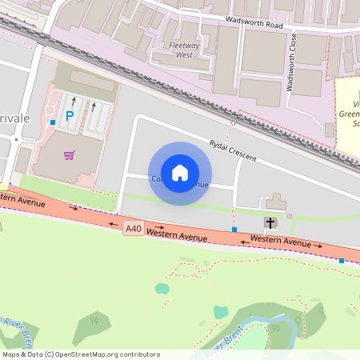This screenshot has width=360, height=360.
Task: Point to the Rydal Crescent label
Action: pyautogui.click(x=233, y=150)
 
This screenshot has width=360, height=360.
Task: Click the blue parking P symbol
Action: pyautogui.click(x=69, y=116)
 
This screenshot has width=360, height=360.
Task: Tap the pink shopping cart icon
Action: pyautogui.click(x=70, y=155)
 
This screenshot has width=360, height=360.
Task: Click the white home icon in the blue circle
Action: pyautogui.click(x=180, y=173)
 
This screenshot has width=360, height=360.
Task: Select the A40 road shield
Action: pyautogui.click(x=133, y=230)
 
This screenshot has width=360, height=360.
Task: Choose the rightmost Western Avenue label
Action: pyautogui.click(x=281, y=242)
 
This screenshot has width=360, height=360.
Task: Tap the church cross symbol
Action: pyautogui.click(x=270, y=222)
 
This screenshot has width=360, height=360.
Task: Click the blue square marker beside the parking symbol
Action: pyautogui.click(x=52, y=122)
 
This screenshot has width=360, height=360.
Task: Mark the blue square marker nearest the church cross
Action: pyautogui.click(x=234, y=230)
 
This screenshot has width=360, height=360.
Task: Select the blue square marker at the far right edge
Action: pyautogui.click(x=342, y=261)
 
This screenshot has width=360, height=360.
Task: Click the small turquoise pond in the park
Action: pyautogui.click(x=162, y=288)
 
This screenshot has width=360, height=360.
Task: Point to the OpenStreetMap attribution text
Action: pyautogui.click(x=80, y=354)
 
